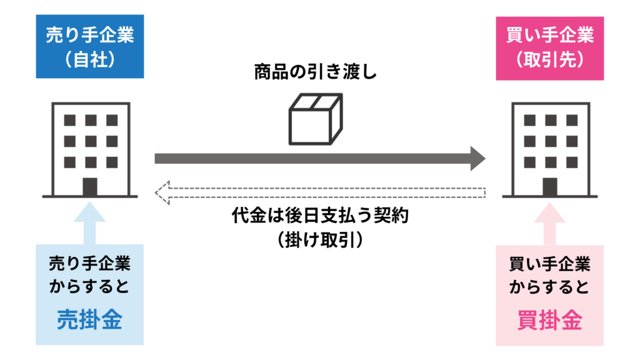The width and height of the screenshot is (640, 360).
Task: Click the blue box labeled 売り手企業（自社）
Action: tap(89, 47)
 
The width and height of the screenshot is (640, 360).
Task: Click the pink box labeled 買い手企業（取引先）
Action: tap(549, 47)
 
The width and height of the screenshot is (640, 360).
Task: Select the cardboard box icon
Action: tap(315, 119)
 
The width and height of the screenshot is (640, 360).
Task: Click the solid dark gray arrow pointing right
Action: tap(319, 159)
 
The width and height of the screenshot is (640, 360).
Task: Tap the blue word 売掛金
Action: tap(89, 319)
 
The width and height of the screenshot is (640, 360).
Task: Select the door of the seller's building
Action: tap(89, 186)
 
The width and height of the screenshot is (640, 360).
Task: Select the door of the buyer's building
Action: tap(550, 186)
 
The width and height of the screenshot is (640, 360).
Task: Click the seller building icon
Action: tap(89, 150)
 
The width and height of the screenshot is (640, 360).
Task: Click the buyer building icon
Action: tap(550, 150)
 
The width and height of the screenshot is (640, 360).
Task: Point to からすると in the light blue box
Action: tap(89, 287)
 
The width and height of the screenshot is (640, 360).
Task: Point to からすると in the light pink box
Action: tap(549, 287)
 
